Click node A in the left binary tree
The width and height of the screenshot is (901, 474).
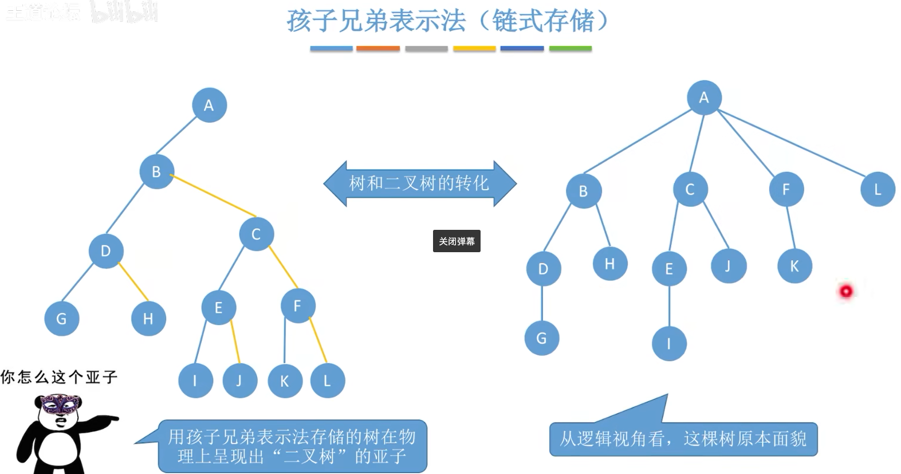(x=209, y=105)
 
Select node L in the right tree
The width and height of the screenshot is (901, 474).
(x=878, y=189)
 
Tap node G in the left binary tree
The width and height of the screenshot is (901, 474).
(x=61, y=318)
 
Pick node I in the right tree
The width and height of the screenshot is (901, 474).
(x=669, y=343)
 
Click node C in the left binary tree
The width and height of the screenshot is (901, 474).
(x=256, y=234)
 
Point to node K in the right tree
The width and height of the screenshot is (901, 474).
(x=794, y=266)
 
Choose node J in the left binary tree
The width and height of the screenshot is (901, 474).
(x=239, y=381)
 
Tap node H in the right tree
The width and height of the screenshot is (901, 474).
(x=610, y=264)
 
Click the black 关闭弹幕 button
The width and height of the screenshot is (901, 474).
(x=457, y=241)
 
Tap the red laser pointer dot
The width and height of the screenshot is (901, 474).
(x=846, y=291)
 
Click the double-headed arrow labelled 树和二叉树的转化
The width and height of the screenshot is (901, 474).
(x=419, y=183)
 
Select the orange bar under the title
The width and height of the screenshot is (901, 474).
(x=378, y=49)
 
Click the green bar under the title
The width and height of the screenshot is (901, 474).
(x=570, y=49)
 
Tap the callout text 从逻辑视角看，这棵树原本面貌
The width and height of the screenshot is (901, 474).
(x=683, y=439)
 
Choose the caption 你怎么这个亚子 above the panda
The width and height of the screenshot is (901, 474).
(x=59, y=377)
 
